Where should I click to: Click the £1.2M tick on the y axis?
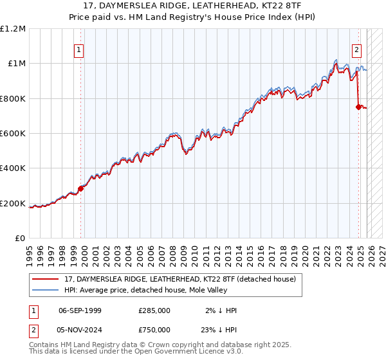[13, 28]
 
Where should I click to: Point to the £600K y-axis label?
[13, 134]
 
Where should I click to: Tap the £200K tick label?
[13, 204]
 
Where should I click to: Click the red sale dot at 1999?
[80, 188]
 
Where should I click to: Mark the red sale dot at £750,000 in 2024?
[358, 107]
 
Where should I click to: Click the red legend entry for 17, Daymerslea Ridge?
[180, 279]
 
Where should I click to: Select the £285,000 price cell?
[154, 310]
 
